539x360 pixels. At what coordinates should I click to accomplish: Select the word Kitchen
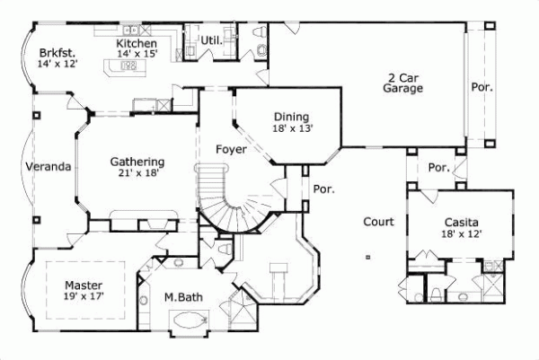tap(137, 43)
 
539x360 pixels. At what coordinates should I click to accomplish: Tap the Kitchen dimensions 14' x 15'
tap(137, 54)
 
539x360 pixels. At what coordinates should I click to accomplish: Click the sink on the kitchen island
tap(128, 66)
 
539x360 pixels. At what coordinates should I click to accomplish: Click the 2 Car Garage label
tap(402, 83)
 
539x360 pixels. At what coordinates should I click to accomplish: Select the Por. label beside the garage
tap(482, 88)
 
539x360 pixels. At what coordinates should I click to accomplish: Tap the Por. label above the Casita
tap(438, 168)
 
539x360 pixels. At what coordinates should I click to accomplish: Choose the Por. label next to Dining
tap(323, 189)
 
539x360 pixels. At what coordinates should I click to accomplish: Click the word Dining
tap(291, 117)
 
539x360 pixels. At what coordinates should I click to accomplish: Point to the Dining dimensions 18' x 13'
tap(291, 127)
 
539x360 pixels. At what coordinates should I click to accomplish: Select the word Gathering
tap(135, 162)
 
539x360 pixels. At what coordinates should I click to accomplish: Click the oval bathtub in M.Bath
tap(190, 319)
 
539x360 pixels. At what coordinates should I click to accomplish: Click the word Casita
tap(461, 222)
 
